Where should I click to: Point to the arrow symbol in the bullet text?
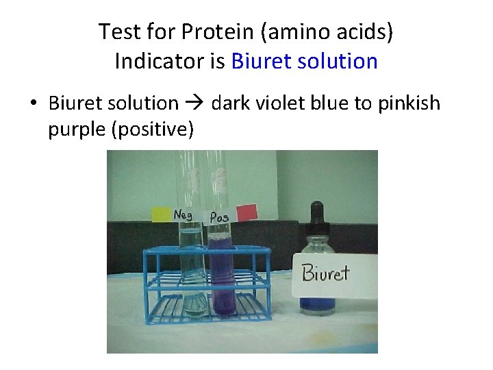194,103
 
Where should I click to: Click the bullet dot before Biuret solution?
33,104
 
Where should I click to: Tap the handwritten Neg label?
183,214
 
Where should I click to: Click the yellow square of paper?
162,213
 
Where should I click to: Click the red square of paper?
246,212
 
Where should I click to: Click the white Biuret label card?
334,274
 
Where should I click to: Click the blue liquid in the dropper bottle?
317,304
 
